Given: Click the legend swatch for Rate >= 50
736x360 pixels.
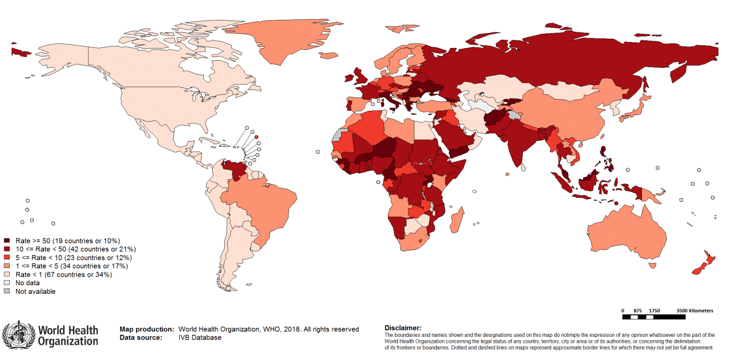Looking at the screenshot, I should pyautogui.click(x=7, y=240).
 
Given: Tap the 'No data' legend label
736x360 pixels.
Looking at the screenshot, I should pyautogui.click(x=27, y=283).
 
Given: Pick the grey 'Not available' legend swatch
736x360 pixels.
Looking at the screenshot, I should pyautogui.click(x=7, y=292).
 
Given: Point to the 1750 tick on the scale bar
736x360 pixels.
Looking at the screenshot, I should pyautogui.click(x=654, y=310).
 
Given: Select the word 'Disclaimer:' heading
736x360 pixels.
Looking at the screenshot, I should pyautogui.click(x=403, y=328).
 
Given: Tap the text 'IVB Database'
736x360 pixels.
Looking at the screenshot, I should pyautogui.click(x=200, y=337).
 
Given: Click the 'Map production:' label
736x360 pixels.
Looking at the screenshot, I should pyautogui.click(x=146, y=329).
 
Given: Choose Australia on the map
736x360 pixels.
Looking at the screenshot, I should pyautogui.click(x=624, y=231).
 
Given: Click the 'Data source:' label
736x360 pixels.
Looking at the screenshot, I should pyautogui.click(x=140, y=337).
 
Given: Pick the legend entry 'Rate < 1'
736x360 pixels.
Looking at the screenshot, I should pyautogui.click(x=63, y=274).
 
